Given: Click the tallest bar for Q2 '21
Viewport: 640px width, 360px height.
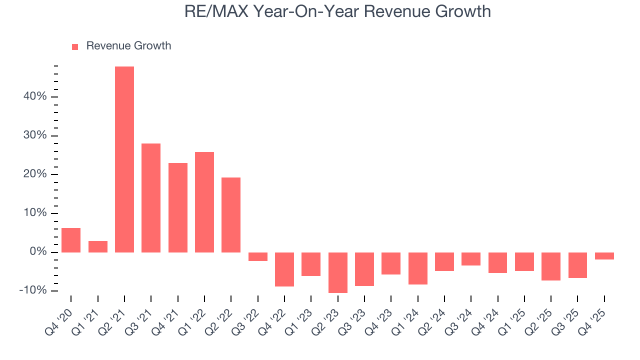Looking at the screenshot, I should coord(124,159).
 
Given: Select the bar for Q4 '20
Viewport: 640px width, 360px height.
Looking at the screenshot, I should coord(71,240).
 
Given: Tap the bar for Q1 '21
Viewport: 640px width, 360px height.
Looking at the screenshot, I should coord(98,246).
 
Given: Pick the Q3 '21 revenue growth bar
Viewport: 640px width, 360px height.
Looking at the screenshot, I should coord(151,197).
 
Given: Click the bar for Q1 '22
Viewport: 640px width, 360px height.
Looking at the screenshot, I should coord(204,202).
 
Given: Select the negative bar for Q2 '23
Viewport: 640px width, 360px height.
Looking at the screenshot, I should coord(338,272).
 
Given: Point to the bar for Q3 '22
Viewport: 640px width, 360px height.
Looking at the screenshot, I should coord(258,256).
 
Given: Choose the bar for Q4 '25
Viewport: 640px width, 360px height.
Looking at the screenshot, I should coord(604,256).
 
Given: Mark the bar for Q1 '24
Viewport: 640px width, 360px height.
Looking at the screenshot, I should coord(418,268).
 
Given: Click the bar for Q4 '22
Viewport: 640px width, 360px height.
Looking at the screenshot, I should coord(284,269).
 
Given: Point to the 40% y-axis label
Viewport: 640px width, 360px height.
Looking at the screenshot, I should coord(35,96).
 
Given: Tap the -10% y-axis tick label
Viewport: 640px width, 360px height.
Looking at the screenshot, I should coord(33,290).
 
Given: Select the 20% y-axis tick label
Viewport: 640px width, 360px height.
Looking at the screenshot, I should coord(35,174).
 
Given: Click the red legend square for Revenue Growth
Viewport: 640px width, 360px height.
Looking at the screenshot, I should coord(75,46).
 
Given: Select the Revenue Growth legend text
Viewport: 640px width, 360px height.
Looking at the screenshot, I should coord(128,46).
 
